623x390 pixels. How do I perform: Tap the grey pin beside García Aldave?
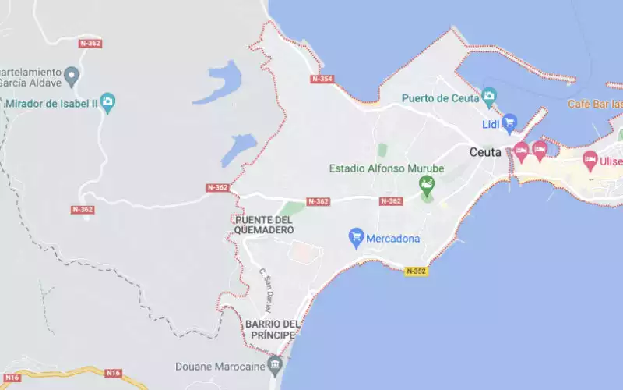(72, 76)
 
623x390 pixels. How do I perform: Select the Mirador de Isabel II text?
(51, 102)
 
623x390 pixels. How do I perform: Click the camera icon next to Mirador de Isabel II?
(107, 101)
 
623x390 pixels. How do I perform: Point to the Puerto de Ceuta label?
(438, 98)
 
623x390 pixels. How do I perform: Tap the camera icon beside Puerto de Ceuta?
(489, 97)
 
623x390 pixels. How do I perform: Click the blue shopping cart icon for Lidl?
(509, 122)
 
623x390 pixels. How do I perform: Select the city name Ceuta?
(486, 152)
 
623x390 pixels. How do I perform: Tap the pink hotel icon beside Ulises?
(590, 161)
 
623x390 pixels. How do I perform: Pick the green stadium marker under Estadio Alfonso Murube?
(426, 186)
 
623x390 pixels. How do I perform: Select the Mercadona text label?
(393, 238)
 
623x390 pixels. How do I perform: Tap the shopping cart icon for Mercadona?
(357, 237)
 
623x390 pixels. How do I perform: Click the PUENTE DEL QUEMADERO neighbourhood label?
(264, 225)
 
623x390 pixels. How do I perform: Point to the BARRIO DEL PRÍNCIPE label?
(271, 329)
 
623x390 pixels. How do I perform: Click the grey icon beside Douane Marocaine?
(274, 363)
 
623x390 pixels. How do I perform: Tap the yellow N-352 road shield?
(416, 271)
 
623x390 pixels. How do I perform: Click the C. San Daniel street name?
(267, 285)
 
